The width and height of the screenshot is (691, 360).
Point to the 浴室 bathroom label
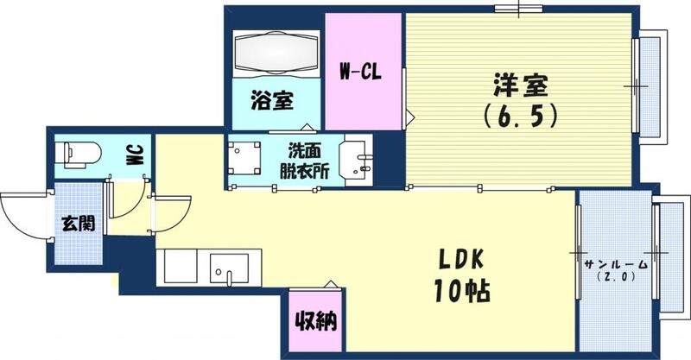tap(271, 100)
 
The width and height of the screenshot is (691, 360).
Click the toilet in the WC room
tap(77, 155)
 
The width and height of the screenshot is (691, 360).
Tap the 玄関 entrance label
tap(78, 222)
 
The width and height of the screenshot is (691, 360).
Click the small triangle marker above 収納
tap(328, 283)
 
